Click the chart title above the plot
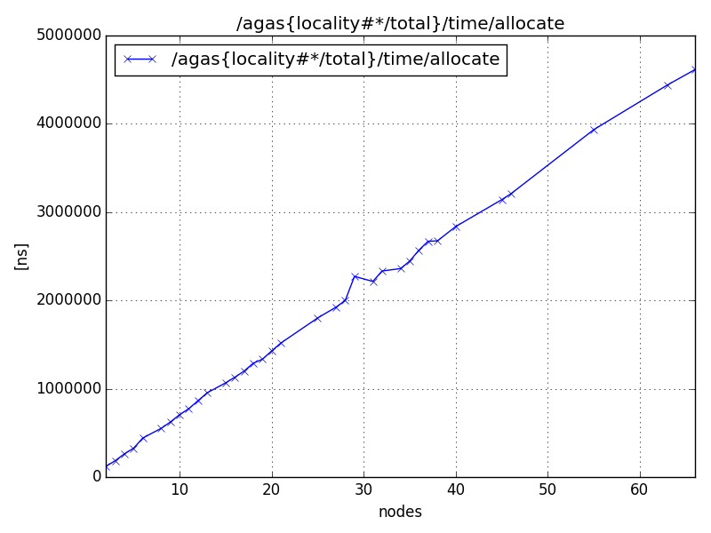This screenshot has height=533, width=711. click(400, 24)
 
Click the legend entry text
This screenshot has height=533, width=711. click(335, 60)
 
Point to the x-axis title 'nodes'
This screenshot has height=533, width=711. click(400, 512)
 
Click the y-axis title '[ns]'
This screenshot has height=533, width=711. click(22, 256)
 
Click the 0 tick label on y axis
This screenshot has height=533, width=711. click(96, 477)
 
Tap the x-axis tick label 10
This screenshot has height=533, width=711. click(180, 489)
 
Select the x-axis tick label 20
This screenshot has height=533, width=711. click(271, 489)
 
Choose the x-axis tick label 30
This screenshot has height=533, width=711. click(363, 489)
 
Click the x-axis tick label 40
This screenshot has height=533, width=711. click(455, 489)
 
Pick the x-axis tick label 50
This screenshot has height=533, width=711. click(547, 489)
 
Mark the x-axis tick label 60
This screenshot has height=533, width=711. click(639, 489)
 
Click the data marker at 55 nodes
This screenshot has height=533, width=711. click(594, 130)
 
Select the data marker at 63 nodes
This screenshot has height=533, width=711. click(667, 85)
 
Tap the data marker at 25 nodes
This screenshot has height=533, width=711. click(317, 318)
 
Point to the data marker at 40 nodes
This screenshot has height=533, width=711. click(456, 227)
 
